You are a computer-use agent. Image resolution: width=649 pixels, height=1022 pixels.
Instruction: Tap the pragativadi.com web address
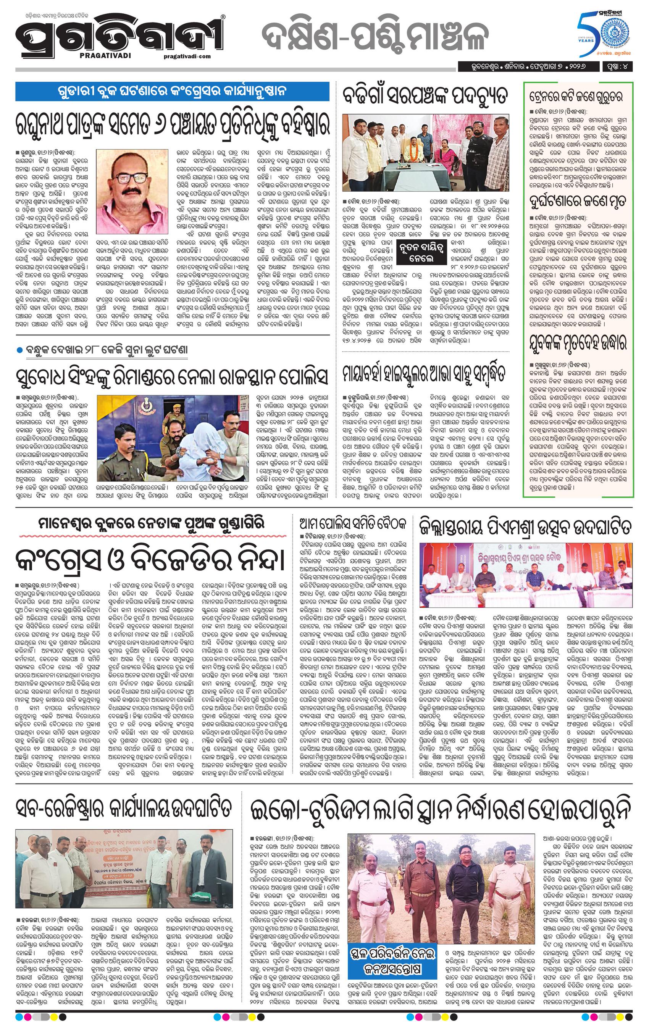pyautogui.click(x=187, y=56)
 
